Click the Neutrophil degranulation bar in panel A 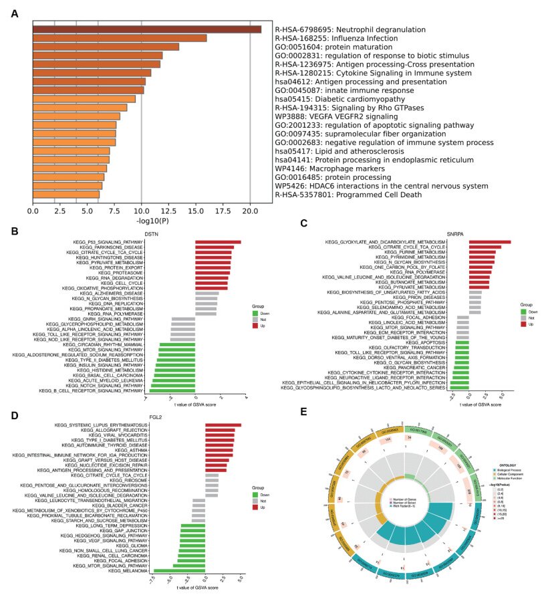147,29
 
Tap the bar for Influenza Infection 120,38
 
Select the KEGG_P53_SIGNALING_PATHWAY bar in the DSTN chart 218,241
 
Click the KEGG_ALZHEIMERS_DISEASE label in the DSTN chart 111,293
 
